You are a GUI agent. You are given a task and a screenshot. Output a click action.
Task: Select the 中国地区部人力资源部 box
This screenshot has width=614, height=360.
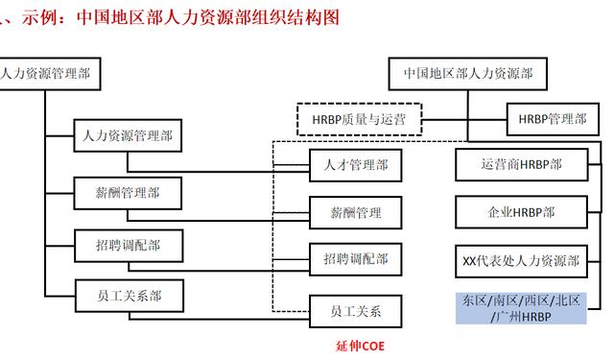(x=467, y=73)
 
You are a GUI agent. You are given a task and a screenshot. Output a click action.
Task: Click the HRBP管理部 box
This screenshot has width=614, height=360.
(x=552, y=119)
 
